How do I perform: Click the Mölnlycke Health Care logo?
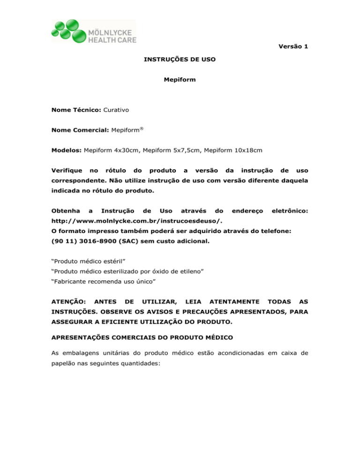point(93,32)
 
